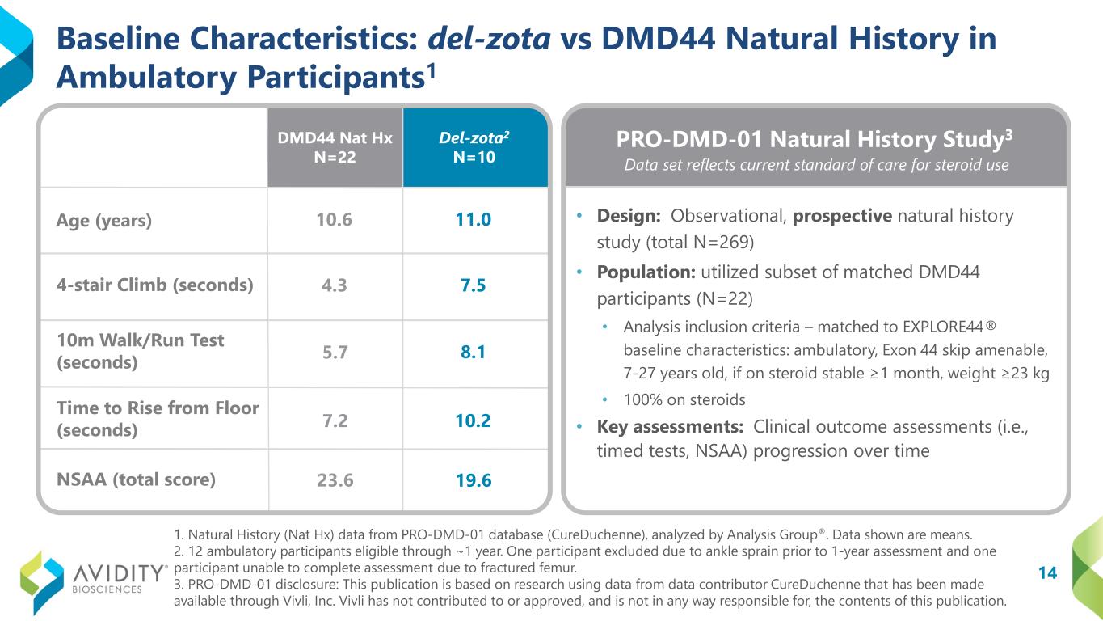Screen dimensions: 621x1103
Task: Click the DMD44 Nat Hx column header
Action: click(335, 147)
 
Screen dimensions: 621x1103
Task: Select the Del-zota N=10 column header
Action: click(474, 147)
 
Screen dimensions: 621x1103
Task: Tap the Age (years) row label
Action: click(103, 220)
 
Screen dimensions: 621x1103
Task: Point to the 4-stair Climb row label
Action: click(154, 285)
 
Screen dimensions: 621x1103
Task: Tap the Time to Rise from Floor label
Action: click(158, 419)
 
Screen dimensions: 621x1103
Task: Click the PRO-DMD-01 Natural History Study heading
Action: click(815, 139)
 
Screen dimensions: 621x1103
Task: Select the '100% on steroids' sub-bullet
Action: click(684, 399)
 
